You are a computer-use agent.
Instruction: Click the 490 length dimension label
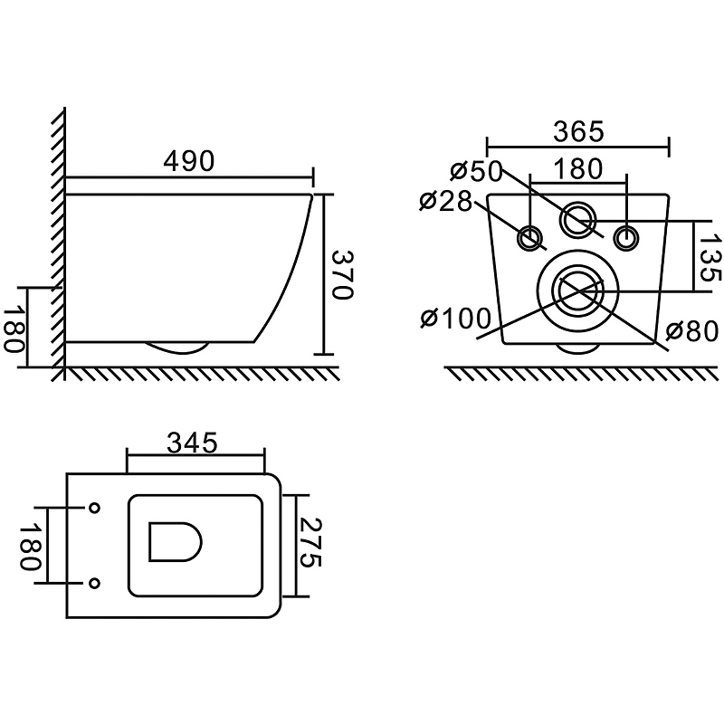(189, 161)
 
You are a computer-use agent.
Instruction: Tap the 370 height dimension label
(343, 275)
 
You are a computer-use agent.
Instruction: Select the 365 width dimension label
(578, 131)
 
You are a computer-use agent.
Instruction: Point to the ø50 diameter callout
(476, 170)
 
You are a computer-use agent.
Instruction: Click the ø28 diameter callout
(446, 201)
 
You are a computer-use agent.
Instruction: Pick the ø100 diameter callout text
(455, 319)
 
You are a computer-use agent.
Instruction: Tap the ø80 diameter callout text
(692, 330)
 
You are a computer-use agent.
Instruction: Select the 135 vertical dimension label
(710, 257)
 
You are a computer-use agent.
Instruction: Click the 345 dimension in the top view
(192, 443)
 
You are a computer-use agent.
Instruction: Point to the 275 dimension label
(310, 542)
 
